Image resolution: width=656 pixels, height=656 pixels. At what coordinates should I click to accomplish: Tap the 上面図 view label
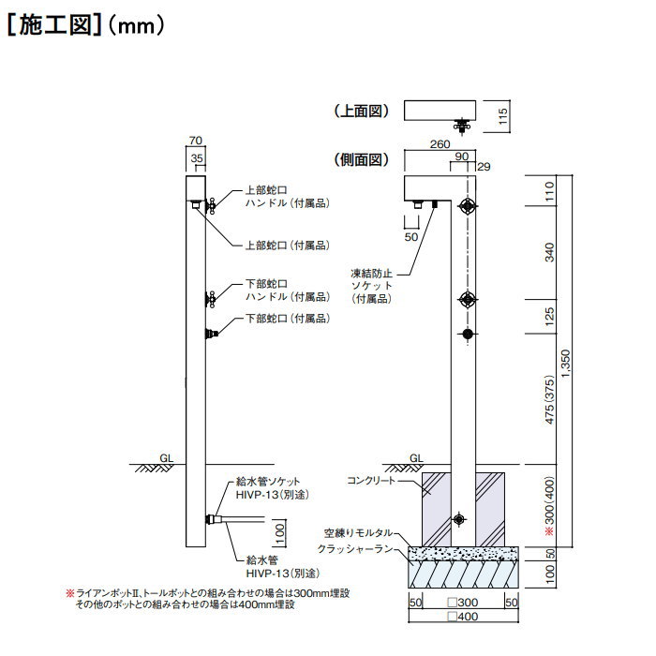[361, 111]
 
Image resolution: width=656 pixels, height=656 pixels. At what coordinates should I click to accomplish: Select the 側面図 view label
[361, 159]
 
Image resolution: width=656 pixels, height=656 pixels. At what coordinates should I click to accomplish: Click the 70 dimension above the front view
[195, 141]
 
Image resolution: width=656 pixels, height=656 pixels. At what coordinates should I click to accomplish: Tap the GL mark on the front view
[165, 457]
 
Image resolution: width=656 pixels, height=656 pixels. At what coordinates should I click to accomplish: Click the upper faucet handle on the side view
[467, 206]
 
